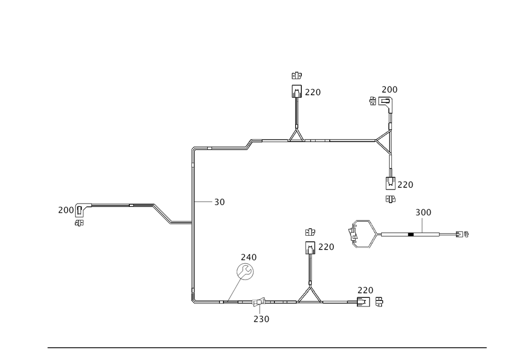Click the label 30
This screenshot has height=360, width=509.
coord(220,202)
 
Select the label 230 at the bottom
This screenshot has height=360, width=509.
coord(262,319)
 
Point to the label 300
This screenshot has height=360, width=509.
coord(420,212)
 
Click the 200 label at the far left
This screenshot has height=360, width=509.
coord(66,210)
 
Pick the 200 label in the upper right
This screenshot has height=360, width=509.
coord(389,90)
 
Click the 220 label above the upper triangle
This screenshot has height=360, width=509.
coord(313,92)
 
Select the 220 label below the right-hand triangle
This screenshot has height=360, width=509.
coord(405,184)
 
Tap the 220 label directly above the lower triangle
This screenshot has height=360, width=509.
coord(326,247)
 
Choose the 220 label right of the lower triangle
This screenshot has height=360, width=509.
coord(365,290)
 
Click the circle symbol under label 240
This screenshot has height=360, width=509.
coord(244,271)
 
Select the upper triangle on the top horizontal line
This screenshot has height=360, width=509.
coord(296,135)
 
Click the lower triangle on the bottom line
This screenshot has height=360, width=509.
coord(309,295)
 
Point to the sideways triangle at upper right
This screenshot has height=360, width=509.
coord(384,137)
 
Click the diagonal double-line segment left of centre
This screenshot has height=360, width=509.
coord(162,214)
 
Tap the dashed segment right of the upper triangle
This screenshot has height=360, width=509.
coord(318,141)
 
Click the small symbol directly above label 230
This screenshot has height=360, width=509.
coord(258,303)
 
